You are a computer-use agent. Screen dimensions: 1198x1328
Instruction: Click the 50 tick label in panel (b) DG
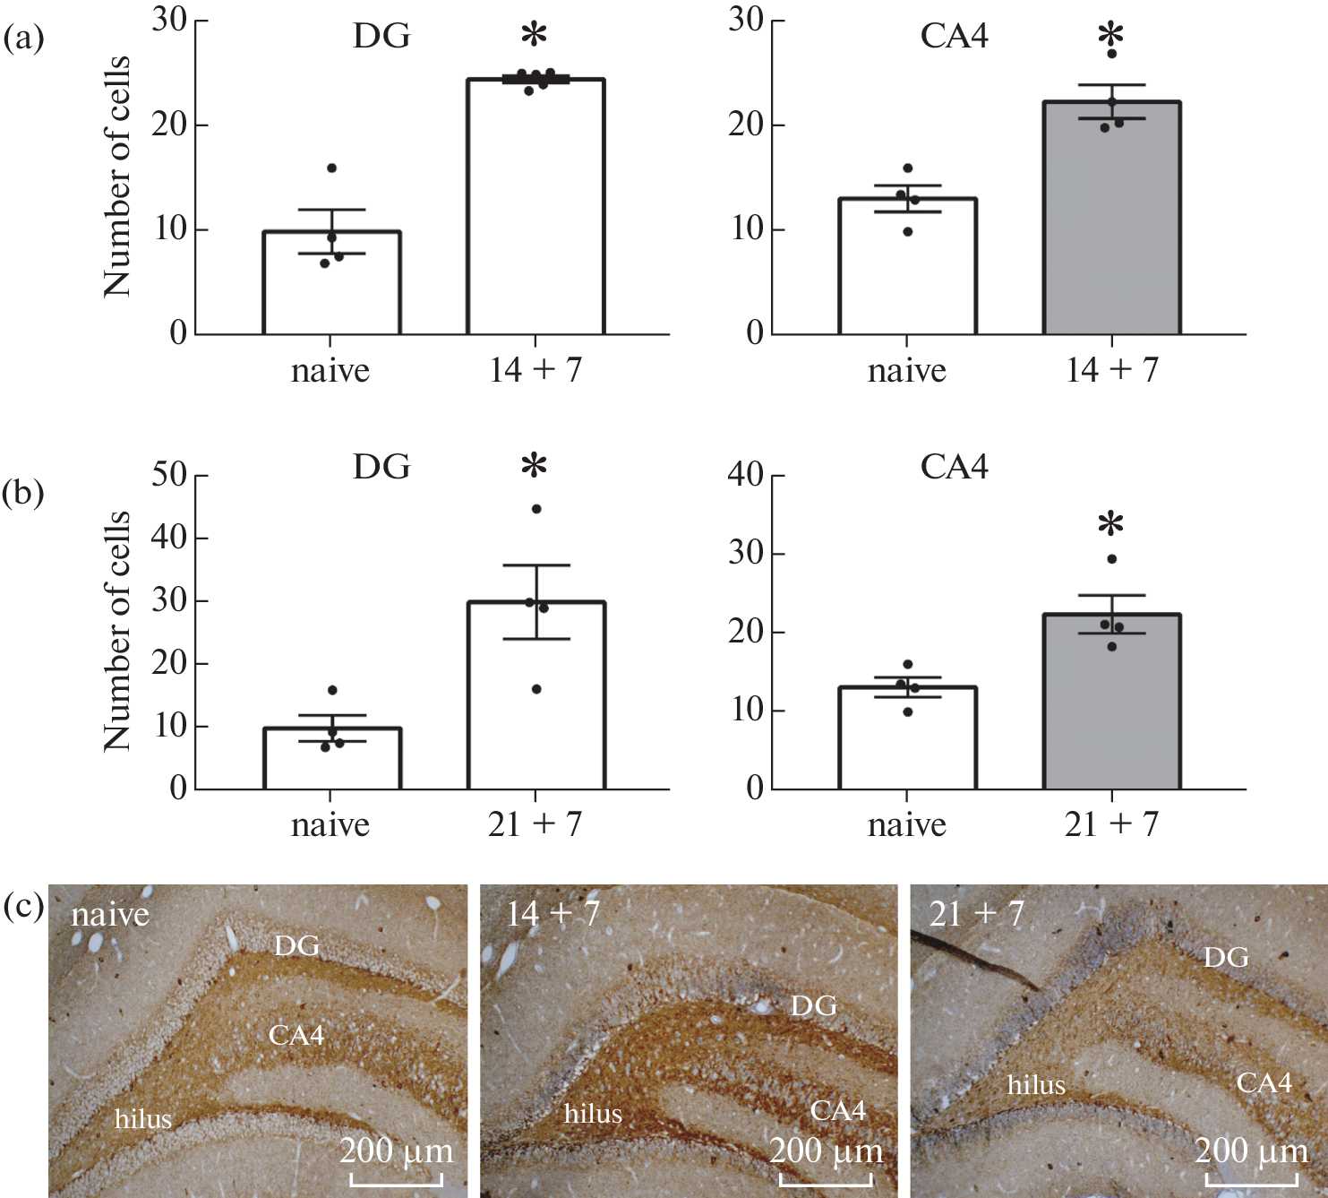(x=168, y=475)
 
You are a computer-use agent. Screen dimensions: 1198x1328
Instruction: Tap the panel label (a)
(x=23, y=39)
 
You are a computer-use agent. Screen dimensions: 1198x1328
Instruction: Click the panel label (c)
(x=23, y=907)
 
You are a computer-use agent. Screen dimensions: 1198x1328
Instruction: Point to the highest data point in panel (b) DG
(x=536, y=509)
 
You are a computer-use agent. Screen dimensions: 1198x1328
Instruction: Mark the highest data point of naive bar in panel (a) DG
(x=331, y=168)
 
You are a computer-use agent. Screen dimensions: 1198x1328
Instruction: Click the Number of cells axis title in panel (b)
(x=117, y=632)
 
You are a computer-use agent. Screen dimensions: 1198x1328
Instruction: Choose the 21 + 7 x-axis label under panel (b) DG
(x=535, y=824)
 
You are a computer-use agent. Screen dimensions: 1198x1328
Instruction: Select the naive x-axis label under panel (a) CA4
(x=906, y=370)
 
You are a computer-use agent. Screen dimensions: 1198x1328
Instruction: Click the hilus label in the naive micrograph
(x=143, y=1119)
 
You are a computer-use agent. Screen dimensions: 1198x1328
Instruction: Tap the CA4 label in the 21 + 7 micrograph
(x=1264, y=1083)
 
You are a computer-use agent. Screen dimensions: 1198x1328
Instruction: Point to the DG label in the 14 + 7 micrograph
(x=813, y=1006)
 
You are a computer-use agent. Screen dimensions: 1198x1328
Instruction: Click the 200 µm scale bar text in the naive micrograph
(x=396, y=1151)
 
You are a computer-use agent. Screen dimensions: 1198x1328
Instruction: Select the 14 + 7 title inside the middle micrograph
(x=553, y=914)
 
